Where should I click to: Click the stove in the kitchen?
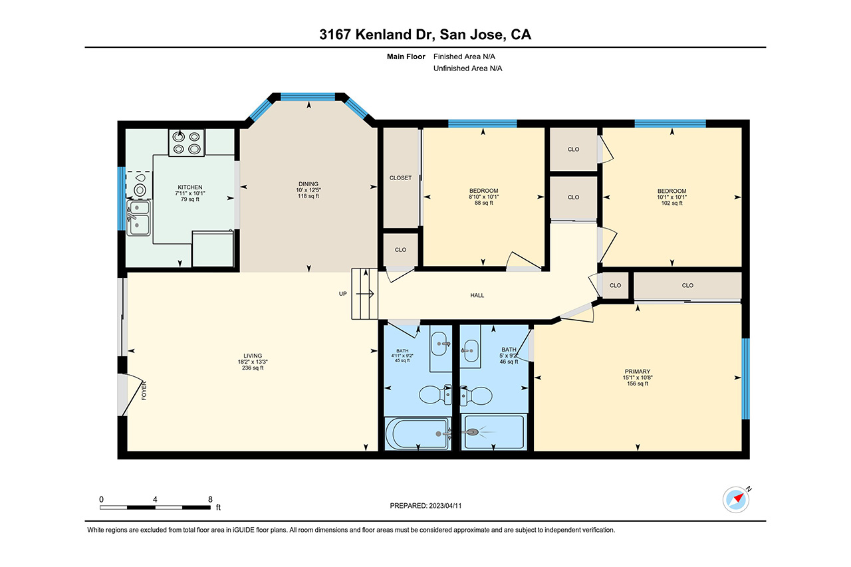pos(187,142)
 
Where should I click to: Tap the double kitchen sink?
pos(138,217)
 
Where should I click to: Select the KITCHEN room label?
pos(190,187)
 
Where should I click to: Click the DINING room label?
pos(308,184)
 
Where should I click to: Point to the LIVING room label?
pos(253,356)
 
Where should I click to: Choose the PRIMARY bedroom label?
pos(638,372)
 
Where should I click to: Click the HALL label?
pos(477,295)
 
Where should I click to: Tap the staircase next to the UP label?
pos(365,294)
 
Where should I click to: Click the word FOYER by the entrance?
pos(144,391)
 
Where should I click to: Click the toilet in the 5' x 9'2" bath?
pos(477,396)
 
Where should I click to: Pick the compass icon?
pos(736,500)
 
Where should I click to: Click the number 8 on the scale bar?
pos(210,499)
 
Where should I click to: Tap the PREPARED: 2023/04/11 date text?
pos(425,506)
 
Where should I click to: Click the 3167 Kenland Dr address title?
pos(425,35)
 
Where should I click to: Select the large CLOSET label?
pos(400,177)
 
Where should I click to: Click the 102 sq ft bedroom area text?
pos(671,203)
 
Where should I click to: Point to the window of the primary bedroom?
pos(746,379)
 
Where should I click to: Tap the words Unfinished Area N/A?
pos(467,68)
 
